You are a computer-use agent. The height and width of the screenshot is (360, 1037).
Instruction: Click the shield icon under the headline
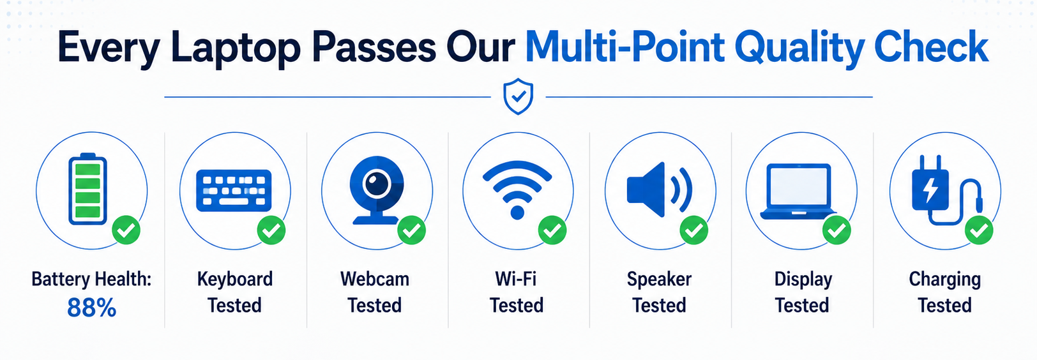(x=518, y=96)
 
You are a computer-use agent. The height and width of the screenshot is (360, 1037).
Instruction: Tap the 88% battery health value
(x=92, y=307)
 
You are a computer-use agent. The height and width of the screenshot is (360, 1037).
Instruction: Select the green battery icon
(x=87, y=189)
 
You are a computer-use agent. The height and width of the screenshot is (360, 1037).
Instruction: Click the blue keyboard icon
(x=234, y=191)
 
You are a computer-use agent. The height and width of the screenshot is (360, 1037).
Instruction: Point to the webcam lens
(x=377, y=184)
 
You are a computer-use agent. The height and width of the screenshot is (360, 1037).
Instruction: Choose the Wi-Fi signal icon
(x=517, y=190)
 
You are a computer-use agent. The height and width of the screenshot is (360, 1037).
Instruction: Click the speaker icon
(x=659, y=190)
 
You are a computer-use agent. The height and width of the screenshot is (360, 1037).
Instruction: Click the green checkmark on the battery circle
(x=126, y=230)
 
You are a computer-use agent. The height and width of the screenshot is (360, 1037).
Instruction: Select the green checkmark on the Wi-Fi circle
(x=552, y=230)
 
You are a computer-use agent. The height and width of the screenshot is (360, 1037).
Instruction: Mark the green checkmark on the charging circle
(x=979, y=230)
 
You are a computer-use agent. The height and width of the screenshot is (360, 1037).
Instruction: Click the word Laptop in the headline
(x=236, y=48)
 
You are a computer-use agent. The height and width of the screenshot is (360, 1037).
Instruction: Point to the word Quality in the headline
(x=799, y=48)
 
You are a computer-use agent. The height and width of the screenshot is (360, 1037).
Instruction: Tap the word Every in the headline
(x=109, y=48)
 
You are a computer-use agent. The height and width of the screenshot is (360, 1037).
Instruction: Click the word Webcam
(x=375, y=279)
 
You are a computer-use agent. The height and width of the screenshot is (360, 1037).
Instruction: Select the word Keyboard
(x=235, y=280)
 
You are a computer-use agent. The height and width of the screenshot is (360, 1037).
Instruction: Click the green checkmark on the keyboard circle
(x=271, y=230)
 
